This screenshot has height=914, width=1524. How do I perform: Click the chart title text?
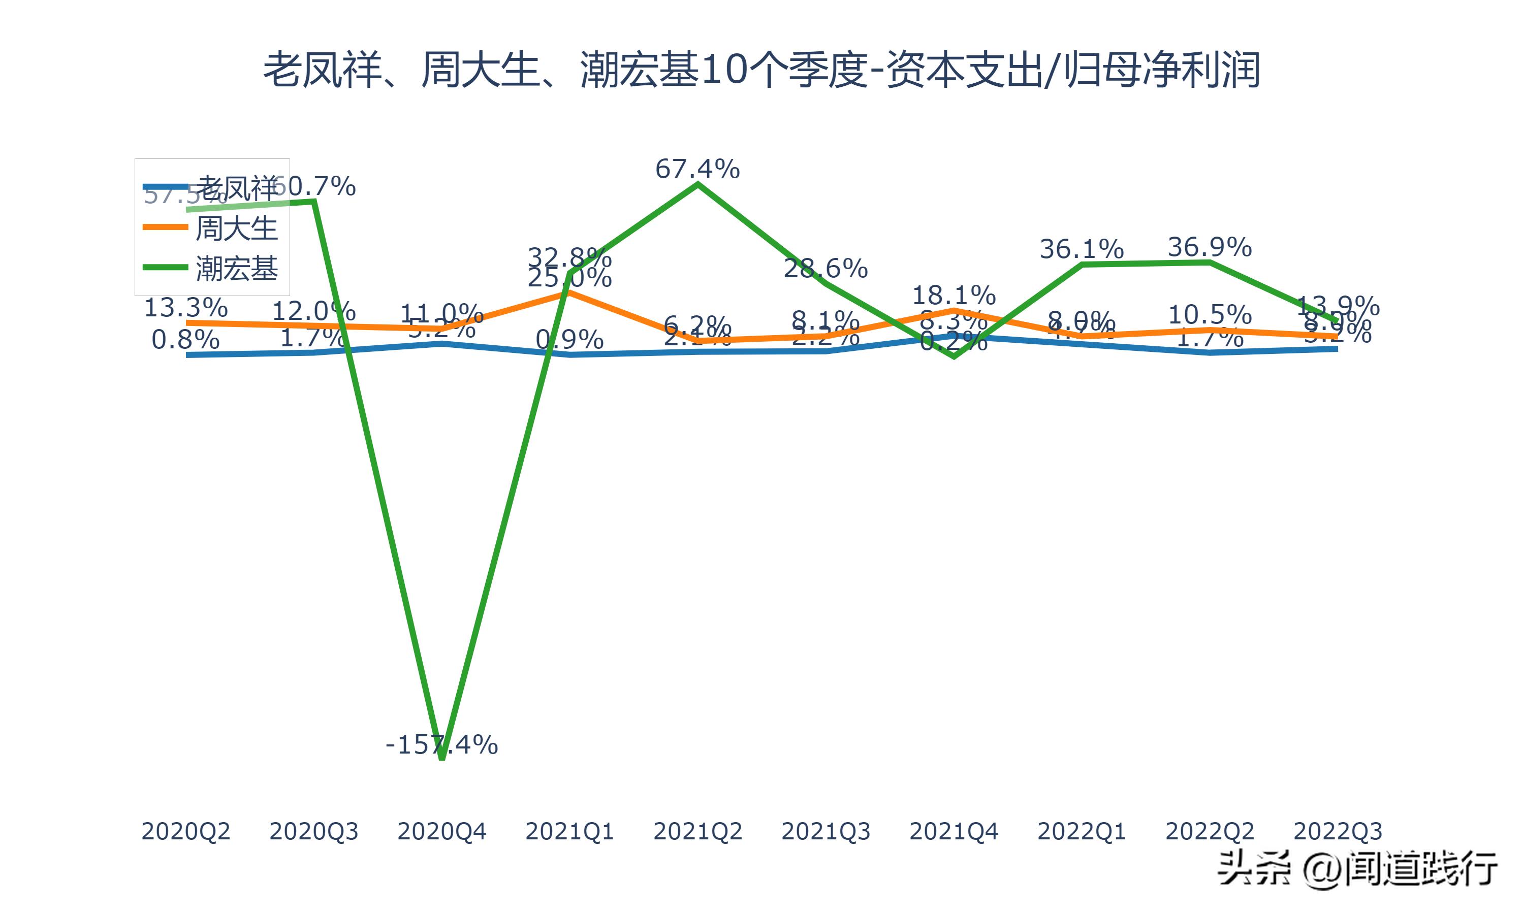pos(761,70)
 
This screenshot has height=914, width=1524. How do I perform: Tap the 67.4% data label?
pos(697,169)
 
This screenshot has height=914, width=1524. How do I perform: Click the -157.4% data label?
pos(441,745)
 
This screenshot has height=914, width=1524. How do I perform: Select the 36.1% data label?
pos(1082,249)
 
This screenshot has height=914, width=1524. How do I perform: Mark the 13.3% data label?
pos(185,307)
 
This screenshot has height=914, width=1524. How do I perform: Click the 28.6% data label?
pos(825,269)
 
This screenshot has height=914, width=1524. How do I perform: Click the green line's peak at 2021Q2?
pos(697,184)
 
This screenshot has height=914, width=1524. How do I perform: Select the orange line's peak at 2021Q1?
pos(570,292)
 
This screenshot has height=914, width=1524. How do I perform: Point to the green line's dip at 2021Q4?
pos(954,356)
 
